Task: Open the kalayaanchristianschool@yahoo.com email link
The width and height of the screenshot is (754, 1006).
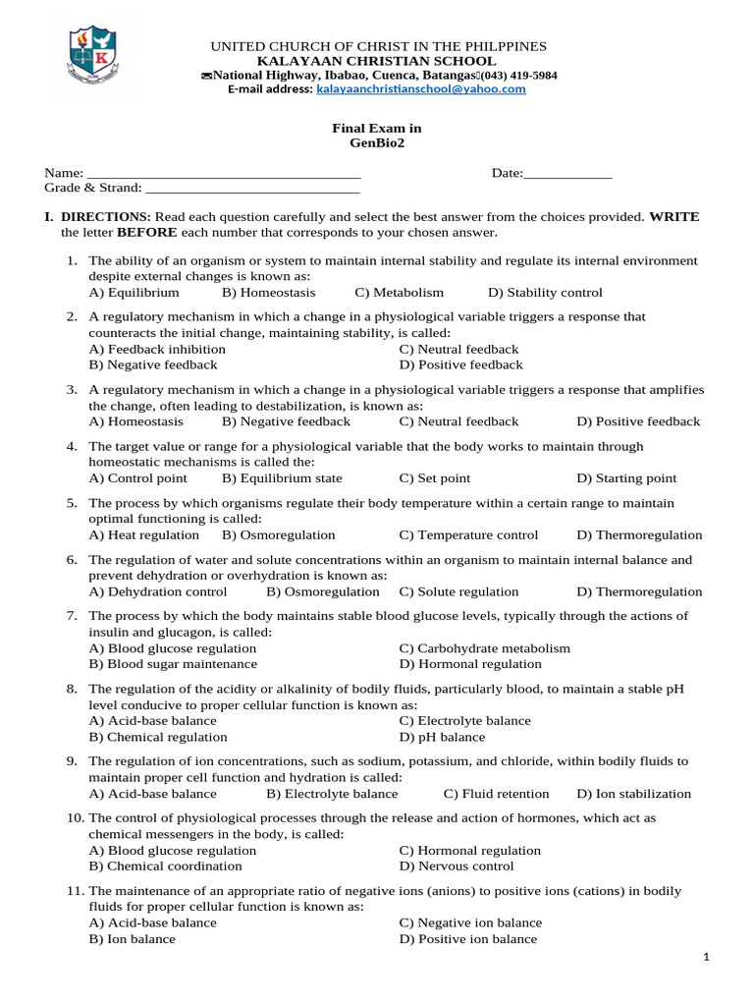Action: (x=420, y=88)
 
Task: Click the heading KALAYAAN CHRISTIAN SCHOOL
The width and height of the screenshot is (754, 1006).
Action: (x=377, y=61)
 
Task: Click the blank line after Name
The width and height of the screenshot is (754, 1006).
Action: (x=224, y=174)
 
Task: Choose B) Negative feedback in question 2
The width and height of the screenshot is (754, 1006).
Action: (x=153, y=364)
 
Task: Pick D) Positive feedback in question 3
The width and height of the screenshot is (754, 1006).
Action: (x=638, y=421)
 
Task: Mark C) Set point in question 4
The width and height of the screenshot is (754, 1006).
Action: (x=434, y=478)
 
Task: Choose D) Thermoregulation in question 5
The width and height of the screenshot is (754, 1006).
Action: (x=639, y=535)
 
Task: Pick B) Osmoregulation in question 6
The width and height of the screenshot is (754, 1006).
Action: (x=322, y=591)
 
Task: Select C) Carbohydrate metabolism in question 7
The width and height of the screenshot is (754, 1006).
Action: (x=484, y=648)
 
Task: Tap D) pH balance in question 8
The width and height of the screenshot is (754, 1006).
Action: (x=442, y=737)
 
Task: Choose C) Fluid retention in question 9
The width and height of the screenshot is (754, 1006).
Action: (x=496, y=794)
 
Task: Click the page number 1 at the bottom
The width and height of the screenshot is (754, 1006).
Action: (x=708, y=959)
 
